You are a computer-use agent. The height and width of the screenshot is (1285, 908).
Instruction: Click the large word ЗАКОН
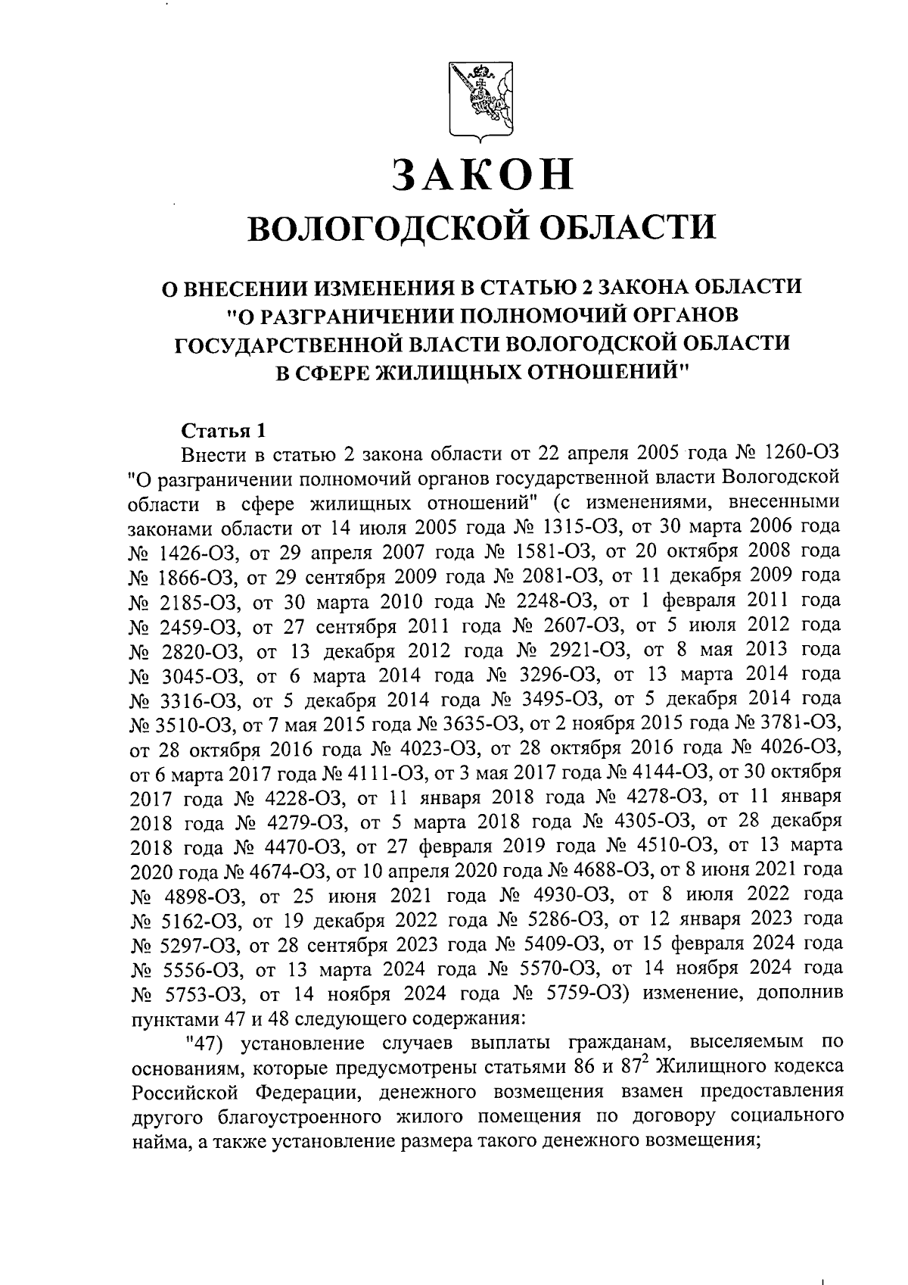pos(481,175)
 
